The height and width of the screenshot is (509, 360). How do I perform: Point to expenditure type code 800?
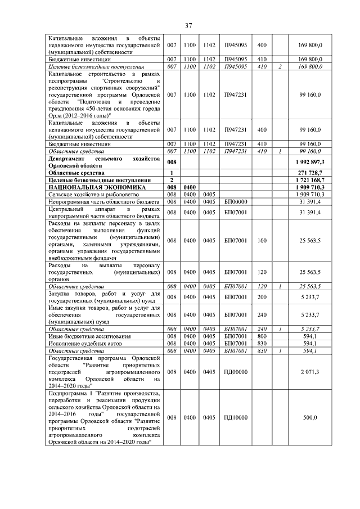click(262, 336)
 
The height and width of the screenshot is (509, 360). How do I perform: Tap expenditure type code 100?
click(262, 241)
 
